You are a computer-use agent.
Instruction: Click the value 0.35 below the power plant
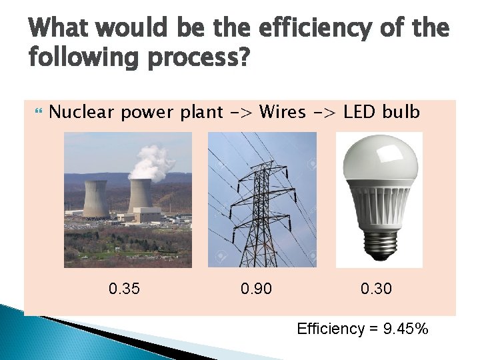point(125,289)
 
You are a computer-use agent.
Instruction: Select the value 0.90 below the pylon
point(256,289)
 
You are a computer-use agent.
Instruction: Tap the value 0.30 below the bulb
point(377,289)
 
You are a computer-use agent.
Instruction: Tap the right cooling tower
point(140,195)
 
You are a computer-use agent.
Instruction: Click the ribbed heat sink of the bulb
point(378,210)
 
